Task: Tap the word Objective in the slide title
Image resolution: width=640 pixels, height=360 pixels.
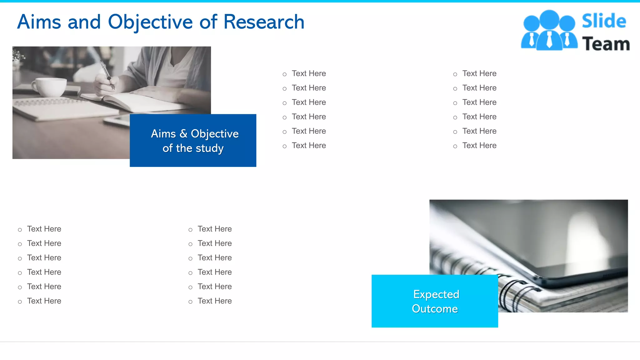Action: point(150,22)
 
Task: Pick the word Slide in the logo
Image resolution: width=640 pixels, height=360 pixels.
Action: point(604,21)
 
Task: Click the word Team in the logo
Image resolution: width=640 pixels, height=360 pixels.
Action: point(606,44)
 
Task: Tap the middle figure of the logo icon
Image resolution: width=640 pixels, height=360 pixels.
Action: point(549,30)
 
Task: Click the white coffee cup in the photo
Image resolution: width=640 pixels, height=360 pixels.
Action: point(50,87)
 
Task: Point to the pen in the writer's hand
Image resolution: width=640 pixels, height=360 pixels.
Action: point(107,73)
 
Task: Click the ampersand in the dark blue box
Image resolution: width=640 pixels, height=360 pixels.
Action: point(183,134)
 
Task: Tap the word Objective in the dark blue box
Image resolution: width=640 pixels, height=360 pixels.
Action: point(215,134)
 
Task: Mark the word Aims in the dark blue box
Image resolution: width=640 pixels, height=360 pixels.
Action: point(163,134)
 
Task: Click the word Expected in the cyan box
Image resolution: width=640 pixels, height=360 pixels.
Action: point(436,294)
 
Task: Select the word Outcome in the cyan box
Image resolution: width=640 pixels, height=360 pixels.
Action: point(435,309)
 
